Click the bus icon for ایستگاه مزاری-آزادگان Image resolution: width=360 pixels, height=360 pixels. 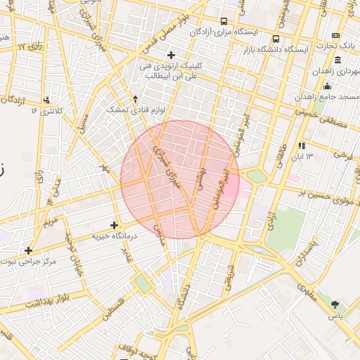tap(224, 21)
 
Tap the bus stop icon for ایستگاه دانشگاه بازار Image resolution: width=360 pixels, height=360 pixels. tap(276, 39)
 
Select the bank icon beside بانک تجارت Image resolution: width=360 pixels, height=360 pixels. tap(336, 35)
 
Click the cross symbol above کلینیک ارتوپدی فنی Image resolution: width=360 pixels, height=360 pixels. tap(171, 55)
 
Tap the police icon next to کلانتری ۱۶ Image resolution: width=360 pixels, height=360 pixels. tap(46, 99)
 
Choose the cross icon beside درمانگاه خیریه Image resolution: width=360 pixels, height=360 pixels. tap(114, 225)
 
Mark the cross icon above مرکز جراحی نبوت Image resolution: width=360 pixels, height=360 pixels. tap(28, 250)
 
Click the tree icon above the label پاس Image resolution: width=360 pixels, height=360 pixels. tap(335, 304)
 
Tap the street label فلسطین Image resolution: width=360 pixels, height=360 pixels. tap(113, 307)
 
